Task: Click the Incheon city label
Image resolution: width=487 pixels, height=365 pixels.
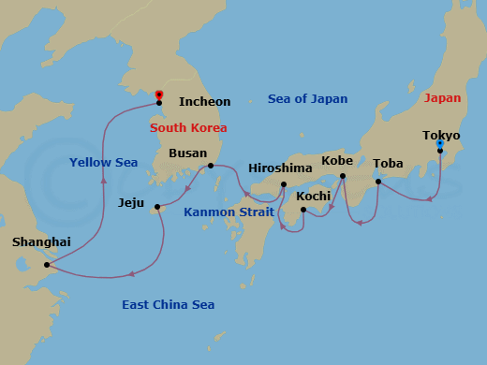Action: [x=204, y=101]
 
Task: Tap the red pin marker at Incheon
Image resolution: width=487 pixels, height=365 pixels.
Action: [x=158, y=95]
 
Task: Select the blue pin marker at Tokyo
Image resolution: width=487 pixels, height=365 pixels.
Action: [x=439, y=143]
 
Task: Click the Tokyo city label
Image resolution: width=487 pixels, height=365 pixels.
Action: [x=440, y=134]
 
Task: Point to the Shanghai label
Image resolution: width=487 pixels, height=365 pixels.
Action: [x=40, y=241]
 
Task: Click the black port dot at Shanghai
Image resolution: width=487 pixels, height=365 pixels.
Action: [x=46, y=265]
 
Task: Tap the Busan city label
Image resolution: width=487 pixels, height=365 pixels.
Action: [x=187, y=153]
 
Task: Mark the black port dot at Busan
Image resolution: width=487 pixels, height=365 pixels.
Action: [x=211, y=166]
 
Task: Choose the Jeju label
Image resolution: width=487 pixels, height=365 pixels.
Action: [x=132, y=201]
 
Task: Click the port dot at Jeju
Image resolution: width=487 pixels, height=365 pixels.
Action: [x=156, y=207]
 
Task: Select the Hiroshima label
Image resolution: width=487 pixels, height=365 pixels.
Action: [x=280, y=168]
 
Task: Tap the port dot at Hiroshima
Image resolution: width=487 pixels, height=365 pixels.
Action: [x=283, y=184]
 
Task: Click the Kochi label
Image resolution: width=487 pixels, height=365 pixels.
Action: [x=314, y=197]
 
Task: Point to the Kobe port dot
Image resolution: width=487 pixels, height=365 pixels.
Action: [x=343, y=176]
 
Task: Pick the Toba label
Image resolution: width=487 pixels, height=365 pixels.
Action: [x=388, y=163]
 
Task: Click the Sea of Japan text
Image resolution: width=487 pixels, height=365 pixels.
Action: [x=307, y=98]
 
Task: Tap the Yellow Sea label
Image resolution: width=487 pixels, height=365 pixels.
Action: [x=103, y=163]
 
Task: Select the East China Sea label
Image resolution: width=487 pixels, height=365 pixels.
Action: [x=168, y=304]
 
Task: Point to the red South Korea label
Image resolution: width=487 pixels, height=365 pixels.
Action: [x=187, y=127]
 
